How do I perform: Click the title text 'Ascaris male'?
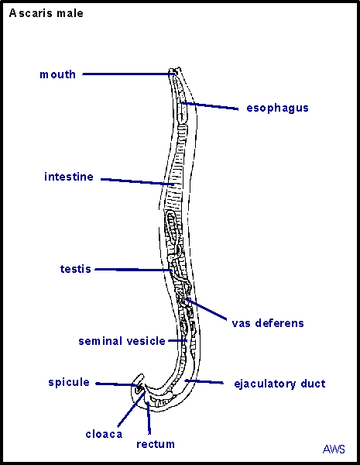click(x=46, y=13)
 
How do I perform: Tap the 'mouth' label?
click(x=58, y=74)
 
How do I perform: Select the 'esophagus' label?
click(x=277, y=108)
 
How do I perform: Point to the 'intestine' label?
click(x=69, y=177)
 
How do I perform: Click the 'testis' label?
click(x=76, y=269)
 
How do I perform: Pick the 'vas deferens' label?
click(x=268, y=323)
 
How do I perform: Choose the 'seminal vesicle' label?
click(x=122, y=341)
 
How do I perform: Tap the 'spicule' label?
click(x=69, y=382)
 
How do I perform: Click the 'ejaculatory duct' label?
click(x=279, y=384)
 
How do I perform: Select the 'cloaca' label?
click(x=104, y=434)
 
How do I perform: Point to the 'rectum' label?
click(x=156, y=444)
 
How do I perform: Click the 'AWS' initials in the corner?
click(x=334, y=449)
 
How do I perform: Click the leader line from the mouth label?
click(x=129, y=74)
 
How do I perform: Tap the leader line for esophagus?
click(x=210, y=106)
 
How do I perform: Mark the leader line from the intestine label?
click(x=138, y=181)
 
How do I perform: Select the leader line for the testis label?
click(x=133, y=270)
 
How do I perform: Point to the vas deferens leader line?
click(x=206, y=309)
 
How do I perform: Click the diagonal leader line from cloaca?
click(x=132, y=409)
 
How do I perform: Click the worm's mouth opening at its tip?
click(x=175, y=71)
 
